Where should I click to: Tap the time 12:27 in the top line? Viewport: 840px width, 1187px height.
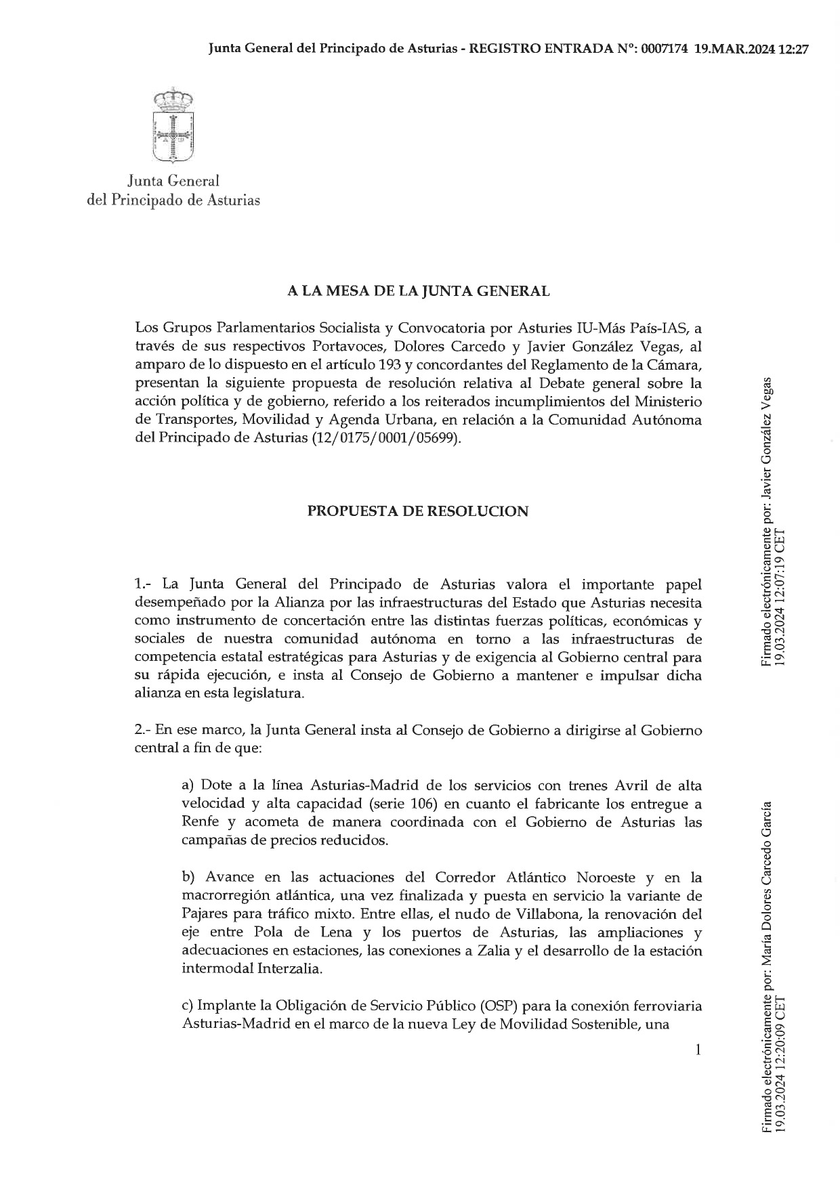795,49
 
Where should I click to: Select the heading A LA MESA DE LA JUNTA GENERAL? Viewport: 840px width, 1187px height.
418,291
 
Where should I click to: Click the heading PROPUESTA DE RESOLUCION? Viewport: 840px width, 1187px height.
418,511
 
